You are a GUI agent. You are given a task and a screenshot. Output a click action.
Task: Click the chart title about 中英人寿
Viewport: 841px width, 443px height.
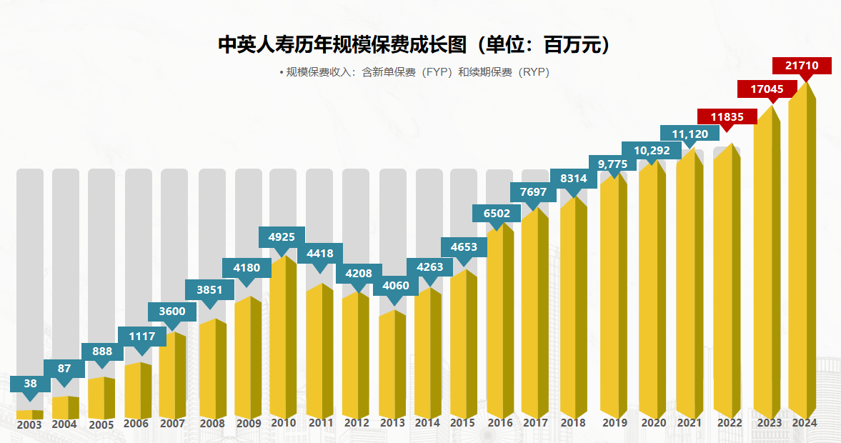(x=416, y=45)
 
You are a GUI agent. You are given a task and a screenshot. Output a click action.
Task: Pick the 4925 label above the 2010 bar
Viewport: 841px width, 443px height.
(x=282, y=237)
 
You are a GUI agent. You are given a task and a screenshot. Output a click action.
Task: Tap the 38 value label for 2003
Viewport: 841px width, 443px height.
(x=30, y=384)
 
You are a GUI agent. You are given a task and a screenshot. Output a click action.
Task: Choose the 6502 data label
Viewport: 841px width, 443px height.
(x=497, y=213)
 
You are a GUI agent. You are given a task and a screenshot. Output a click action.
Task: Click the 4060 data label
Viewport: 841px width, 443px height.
(x=395, y=286)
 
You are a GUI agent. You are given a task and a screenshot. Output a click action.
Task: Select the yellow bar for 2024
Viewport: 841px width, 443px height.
(x=801, y=257)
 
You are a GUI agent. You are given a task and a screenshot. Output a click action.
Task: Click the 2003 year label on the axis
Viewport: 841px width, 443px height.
(x=29, y=424)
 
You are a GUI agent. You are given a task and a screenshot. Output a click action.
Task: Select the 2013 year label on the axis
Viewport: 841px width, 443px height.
(x=392, y=423)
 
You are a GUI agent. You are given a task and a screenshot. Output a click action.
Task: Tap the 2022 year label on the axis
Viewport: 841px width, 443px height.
(x=730, y=423)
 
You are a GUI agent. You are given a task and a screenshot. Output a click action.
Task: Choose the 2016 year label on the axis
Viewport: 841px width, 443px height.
(x=499, y=423)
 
